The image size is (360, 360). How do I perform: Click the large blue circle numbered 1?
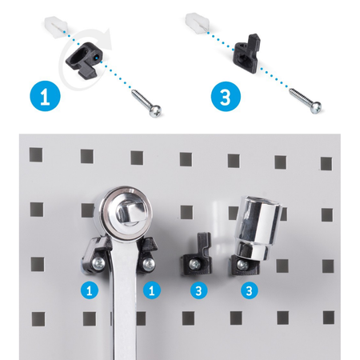(45, 96)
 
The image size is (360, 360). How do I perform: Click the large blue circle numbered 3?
(226, 96)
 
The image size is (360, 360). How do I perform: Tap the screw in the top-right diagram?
(306, 101)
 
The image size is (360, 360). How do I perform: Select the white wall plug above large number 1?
(57, 26)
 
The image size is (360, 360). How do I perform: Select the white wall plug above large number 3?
(197, 22)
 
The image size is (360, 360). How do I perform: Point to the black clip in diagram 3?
(246, 54)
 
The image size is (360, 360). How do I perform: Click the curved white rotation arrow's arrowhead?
(106, 38)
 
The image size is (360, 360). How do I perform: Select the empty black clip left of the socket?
(197, 254)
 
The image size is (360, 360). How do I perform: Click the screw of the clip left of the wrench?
(98, 264)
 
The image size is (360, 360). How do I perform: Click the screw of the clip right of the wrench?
(148, 264)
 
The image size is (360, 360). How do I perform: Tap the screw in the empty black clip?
(194, 264)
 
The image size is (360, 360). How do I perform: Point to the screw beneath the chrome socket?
(242, 265)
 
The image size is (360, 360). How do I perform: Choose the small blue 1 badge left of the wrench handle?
(90, 290)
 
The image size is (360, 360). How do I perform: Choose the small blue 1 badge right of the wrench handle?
(152, 290)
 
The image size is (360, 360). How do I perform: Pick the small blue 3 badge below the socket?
(250, 290)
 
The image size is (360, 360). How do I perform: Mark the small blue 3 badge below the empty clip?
(199, 290)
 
